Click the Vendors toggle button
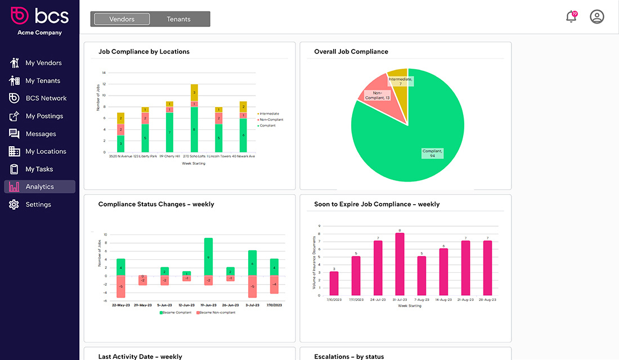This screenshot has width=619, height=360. [122, 19]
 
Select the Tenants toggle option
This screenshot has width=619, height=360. [178, 19]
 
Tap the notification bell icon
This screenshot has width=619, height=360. [571, 16]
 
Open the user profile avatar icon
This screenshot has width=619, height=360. [596, 16]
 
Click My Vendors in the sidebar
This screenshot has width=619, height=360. [43, 63]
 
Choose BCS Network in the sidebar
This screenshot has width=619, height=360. [46, 98]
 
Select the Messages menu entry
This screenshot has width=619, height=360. [41, 134]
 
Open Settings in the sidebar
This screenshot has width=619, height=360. [38, 205]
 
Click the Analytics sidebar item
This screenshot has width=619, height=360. [39, 187]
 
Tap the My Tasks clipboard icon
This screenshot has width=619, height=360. [15, 169]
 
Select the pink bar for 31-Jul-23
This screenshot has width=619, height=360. [400, 264]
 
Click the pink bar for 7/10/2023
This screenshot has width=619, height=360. [334, 283]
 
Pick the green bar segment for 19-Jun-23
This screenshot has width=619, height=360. [208, 256]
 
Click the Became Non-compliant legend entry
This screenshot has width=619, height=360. [216, 312]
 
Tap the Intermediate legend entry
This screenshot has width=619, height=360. [268, 114]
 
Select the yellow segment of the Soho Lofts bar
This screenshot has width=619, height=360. [194, 92]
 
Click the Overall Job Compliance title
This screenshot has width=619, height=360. [351, 52]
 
